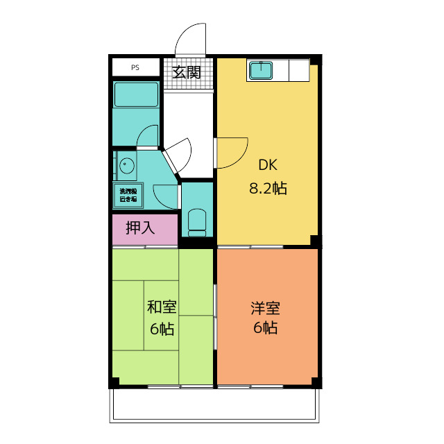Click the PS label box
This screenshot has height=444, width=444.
tap(135, 68)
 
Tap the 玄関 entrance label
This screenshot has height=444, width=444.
tap(187, 71)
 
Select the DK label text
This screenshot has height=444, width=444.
tap(268, 165)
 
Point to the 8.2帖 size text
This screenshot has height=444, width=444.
tap(268, 188)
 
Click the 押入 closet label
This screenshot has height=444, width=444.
tap(141, 227)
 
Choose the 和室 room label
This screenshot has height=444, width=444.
tap(162, 307)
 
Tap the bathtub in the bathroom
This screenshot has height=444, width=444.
tap(136, 94)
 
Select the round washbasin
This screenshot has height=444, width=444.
tap(126, 166)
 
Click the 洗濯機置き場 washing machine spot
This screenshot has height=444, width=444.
tap(128, 195)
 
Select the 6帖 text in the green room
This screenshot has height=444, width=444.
tap(162, 328)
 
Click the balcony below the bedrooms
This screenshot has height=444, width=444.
tap(215, 404)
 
